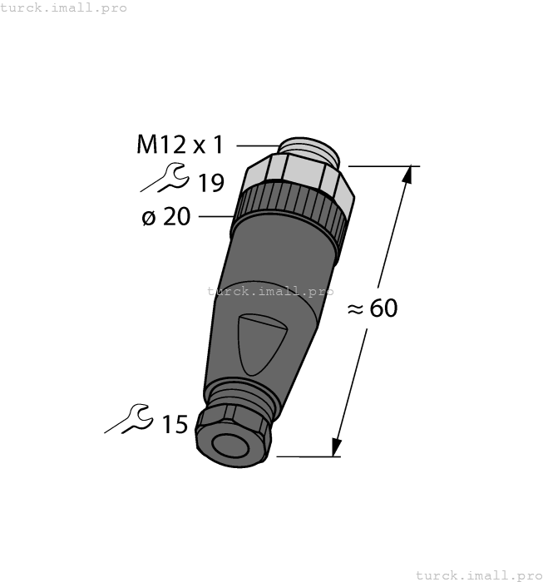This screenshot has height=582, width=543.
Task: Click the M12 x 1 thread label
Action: [x=180, y=145]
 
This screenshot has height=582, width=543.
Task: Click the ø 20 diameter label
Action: [x=165, y=217]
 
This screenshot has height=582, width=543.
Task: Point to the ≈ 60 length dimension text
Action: [x=372, y=308]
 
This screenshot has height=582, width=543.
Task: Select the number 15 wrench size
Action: [x=175, y=425]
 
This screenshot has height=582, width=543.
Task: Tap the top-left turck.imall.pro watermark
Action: [x=64, y=7]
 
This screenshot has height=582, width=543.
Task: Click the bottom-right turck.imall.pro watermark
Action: [x=478, y=575]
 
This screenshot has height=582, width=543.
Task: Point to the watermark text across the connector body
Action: [x=269, y=291]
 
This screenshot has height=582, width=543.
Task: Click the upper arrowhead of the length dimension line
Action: [x=407, y=175]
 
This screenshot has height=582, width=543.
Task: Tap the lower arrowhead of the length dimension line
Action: [x=337, y=448]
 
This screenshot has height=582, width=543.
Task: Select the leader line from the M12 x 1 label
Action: [x=256, y=146]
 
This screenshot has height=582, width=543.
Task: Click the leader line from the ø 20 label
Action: [x=214, y=217]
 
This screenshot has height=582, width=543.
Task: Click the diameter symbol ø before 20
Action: [x=149, y=218]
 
